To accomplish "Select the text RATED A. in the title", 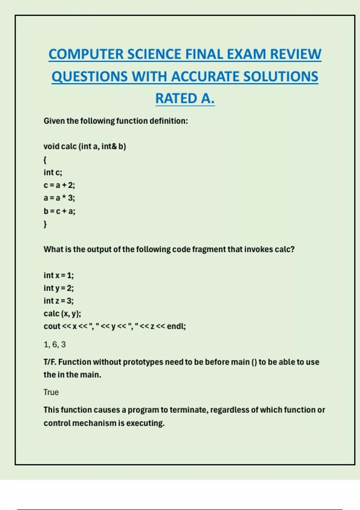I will [185, 98].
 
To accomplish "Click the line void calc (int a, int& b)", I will [85, 146].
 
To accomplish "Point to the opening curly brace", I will [45, 160].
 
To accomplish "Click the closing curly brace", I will [45, 224].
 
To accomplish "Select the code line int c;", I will [53, 172].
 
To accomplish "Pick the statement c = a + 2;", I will [59, 185].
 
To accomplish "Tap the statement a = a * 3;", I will [59, 198].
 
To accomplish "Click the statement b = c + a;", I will [59, 211].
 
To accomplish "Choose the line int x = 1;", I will [58, 275].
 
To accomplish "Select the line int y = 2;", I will [58, 288].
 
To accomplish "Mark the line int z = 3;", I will [58, 301].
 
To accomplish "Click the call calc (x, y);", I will [62, 314].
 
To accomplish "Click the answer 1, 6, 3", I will [55, 344].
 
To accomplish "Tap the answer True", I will [51, 392].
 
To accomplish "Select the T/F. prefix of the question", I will [49, 362].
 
